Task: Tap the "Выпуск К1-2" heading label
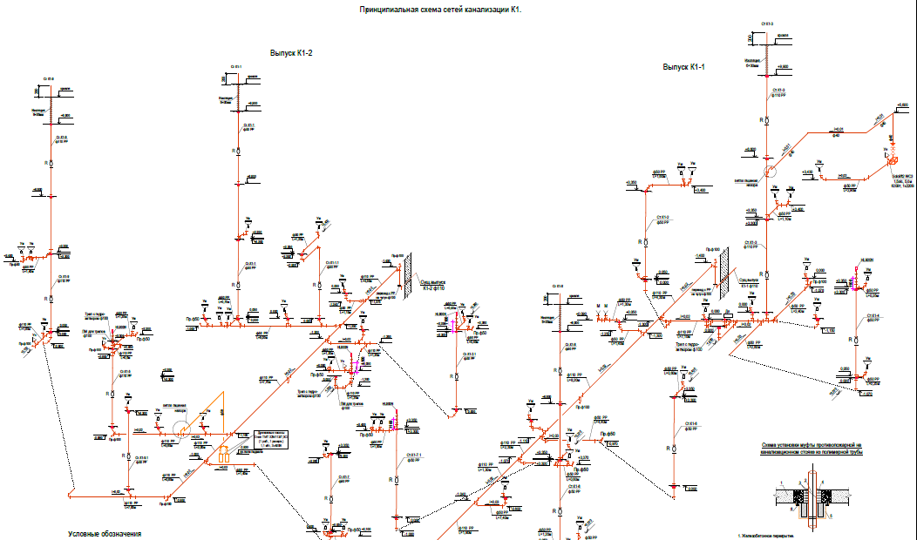point(291,54)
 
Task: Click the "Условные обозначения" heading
point(105,533)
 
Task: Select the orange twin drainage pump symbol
point(224,455)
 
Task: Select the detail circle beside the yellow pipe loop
point(182,428)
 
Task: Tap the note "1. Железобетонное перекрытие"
point(767,537)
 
